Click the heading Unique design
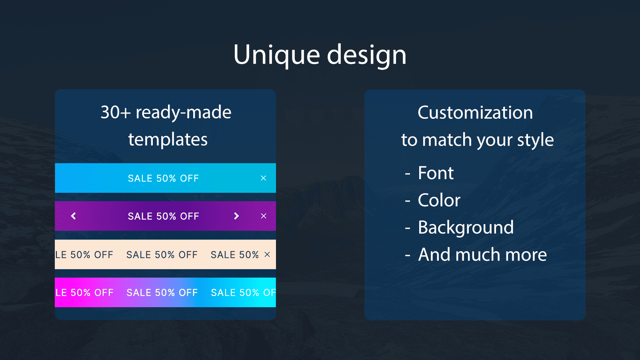pos(320,55)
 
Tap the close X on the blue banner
pos(263,178)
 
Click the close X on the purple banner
pos(263,216)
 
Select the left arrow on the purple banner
pos(73,216)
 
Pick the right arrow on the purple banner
pos(236,216)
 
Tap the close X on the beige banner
pos(267,254)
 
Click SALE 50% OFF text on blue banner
pos(163,178)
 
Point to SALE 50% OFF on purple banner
pos(163,216)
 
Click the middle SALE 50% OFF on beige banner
pos(162,255)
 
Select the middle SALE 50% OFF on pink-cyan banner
pos(162,293)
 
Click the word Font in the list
pos(436,173)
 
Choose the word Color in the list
pos(439,200)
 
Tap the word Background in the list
pos(466,228)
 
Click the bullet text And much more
pos(482,255)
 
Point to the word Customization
pos(475,113)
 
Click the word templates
pos(168,140)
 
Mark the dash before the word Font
pos(408,174)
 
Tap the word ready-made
pos(183,112)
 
